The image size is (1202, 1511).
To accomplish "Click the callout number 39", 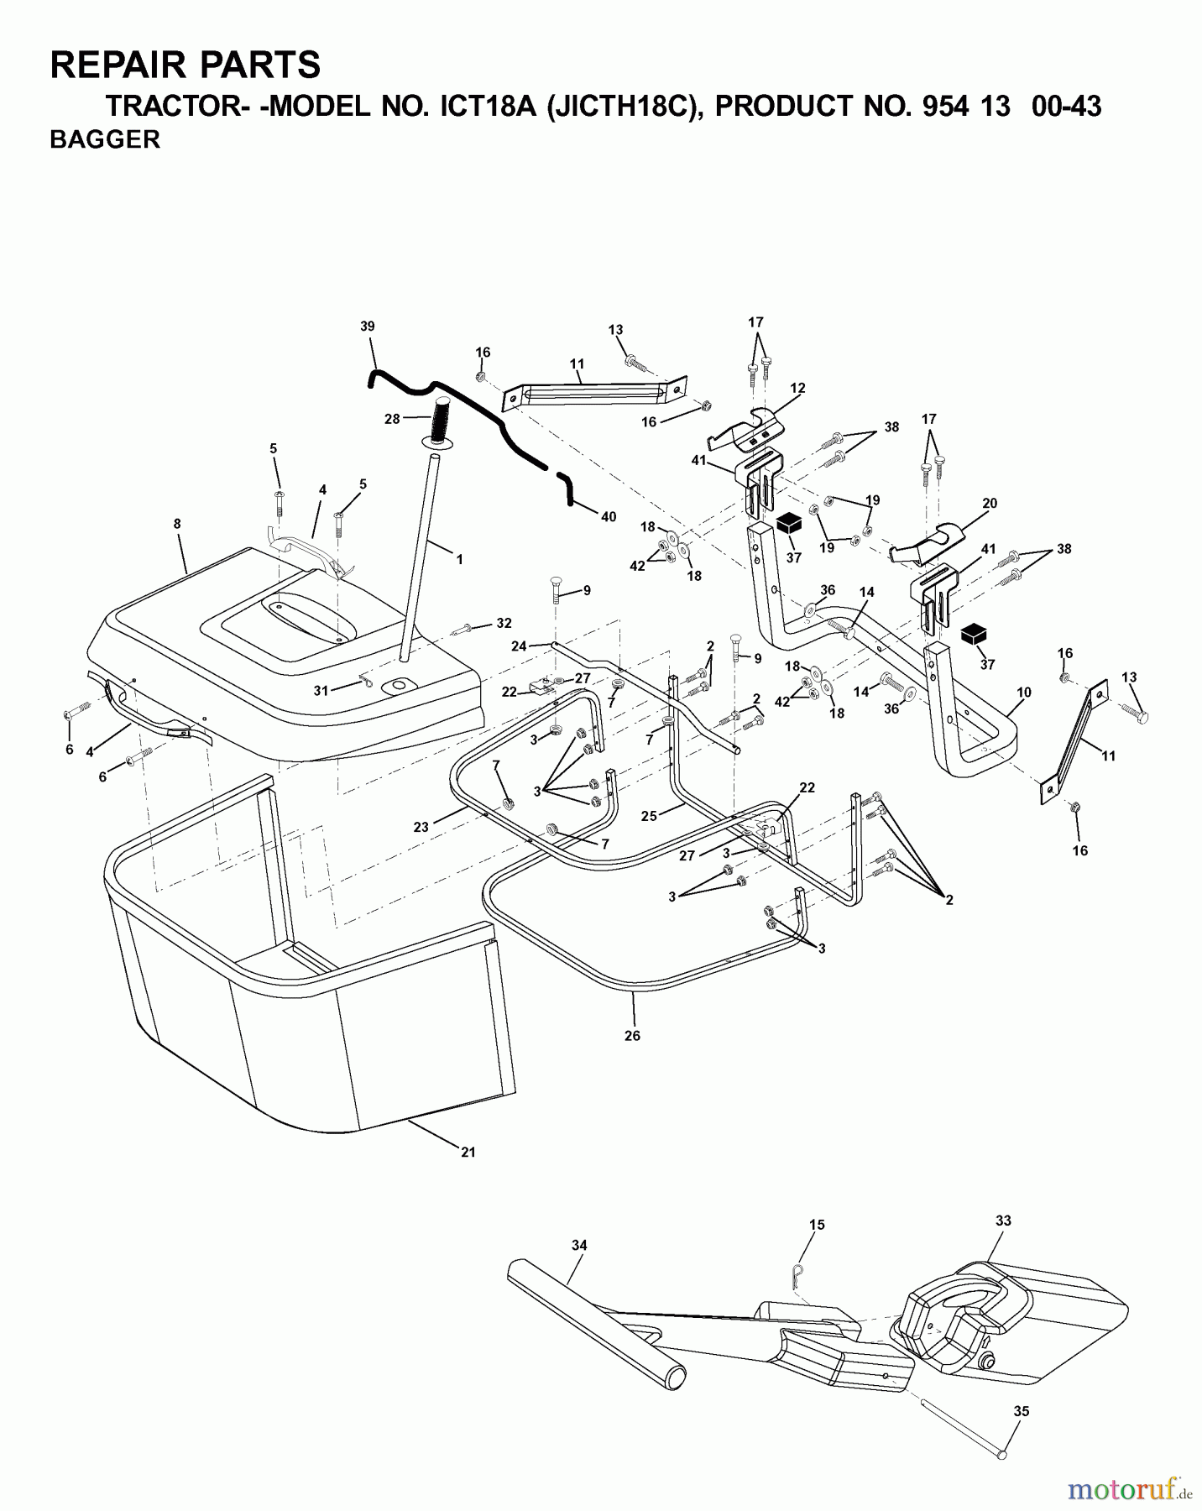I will point(367,327).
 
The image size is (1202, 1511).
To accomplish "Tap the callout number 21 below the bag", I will point(468,1153).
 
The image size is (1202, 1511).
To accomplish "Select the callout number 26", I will point(632,1036).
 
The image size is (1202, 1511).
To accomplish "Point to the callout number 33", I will point(1004,1221).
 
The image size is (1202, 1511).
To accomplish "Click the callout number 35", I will point(1020,1412).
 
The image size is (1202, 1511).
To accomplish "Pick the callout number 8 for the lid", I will point(177,524).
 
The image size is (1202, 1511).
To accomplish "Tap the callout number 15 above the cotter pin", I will point(817,1225).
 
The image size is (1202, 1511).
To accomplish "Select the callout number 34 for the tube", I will point(579,1246).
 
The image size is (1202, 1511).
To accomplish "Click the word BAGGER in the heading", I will point(105,139).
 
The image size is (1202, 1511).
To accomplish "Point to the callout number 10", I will point(1023,693).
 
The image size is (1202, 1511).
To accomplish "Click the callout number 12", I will point(797,388).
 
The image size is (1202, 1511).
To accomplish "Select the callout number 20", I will point(990,504).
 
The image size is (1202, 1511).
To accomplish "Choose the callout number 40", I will point(609,516).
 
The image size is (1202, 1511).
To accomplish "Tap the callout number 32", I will point(504,623).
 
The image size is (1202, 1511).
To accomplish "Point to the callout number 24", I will point(518,646).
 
